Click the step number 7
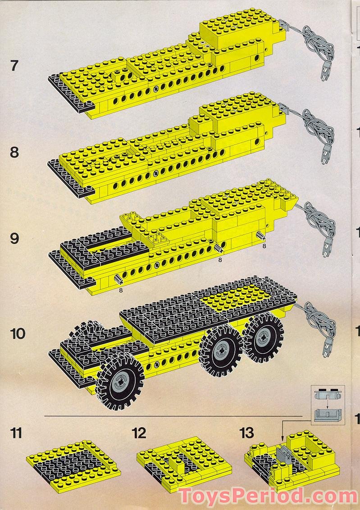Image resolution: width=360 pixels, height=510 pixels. [14, 66]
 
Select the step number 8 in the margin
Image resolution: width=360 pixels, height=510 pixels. [14, 152]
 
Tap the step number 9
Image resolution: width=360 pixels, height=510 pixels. [14, 238]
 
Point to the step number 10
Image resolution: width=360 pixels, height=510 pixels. [18, 334]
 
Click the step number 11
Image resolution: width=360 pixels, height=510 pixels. [17, 433]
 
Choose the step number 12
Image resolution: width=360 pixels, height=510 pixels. [139, 433]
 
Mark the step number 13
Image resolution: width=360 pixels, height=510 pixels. [247, 433]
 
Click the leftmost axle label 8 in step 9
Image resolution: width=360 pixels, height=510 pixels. [121, 290]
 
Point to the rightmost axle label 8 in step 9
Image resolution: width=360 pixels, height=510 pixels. [264, 246]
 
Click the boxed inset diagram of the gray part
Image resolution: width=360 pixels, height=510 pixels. [328, 404]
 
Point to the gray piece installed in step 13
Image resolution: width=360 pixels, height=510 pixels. [287, 458]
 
